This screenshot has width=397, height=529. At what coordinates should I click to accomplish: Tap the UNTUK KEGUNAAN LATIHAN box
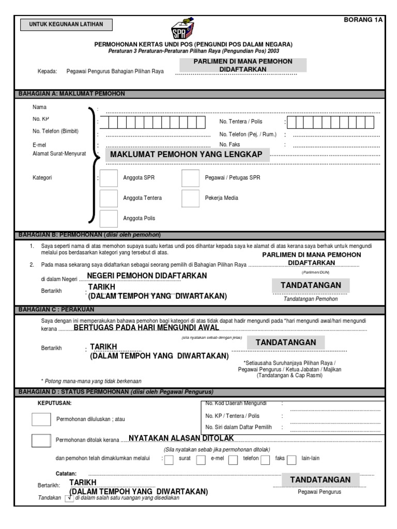[66, 24]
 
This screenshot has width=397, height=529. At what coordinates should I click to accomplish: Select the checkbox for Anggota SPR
[109, 178]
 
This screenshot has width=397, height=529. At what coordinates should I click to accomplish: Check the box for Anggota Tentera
[109, 198]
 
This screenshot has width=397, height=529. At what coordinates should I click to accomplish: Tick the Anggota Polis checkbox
[109, 219]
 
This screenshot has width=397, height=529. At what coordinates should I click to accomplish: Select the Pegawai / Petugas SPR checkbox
[190, 178]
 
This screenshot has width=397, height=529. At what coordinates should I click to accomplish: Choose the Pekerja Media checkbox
[190, 198]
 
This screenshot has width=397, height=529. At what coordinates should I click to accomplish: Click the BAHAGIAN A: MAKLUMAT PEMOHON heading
[72, 94]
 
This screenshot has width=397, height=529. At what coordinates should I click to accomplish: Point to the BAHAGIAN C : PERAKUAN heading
[56, 310]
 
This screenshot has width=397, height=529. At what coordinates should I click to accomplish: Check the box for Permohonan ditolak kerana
[41, 440]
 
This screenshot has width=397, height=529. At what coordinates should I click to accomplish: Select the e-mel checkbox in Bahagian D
[201, 459]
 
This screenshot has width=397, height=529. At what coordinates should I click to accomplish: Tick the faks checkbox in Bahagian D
[265, 459]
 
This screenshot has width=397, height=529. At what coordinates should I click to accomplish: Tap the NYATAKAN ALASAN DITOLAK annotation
[181, 438]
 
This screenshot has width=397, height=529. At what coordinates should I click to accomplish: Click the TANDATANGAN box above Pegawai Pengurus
[320, 480]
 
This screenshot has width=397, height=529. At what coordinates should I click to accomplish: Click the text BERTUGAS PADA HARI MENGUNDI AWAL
[147, 328]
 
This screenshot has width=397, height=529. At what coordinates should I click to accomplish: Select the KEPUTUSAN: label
[55, 402]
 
